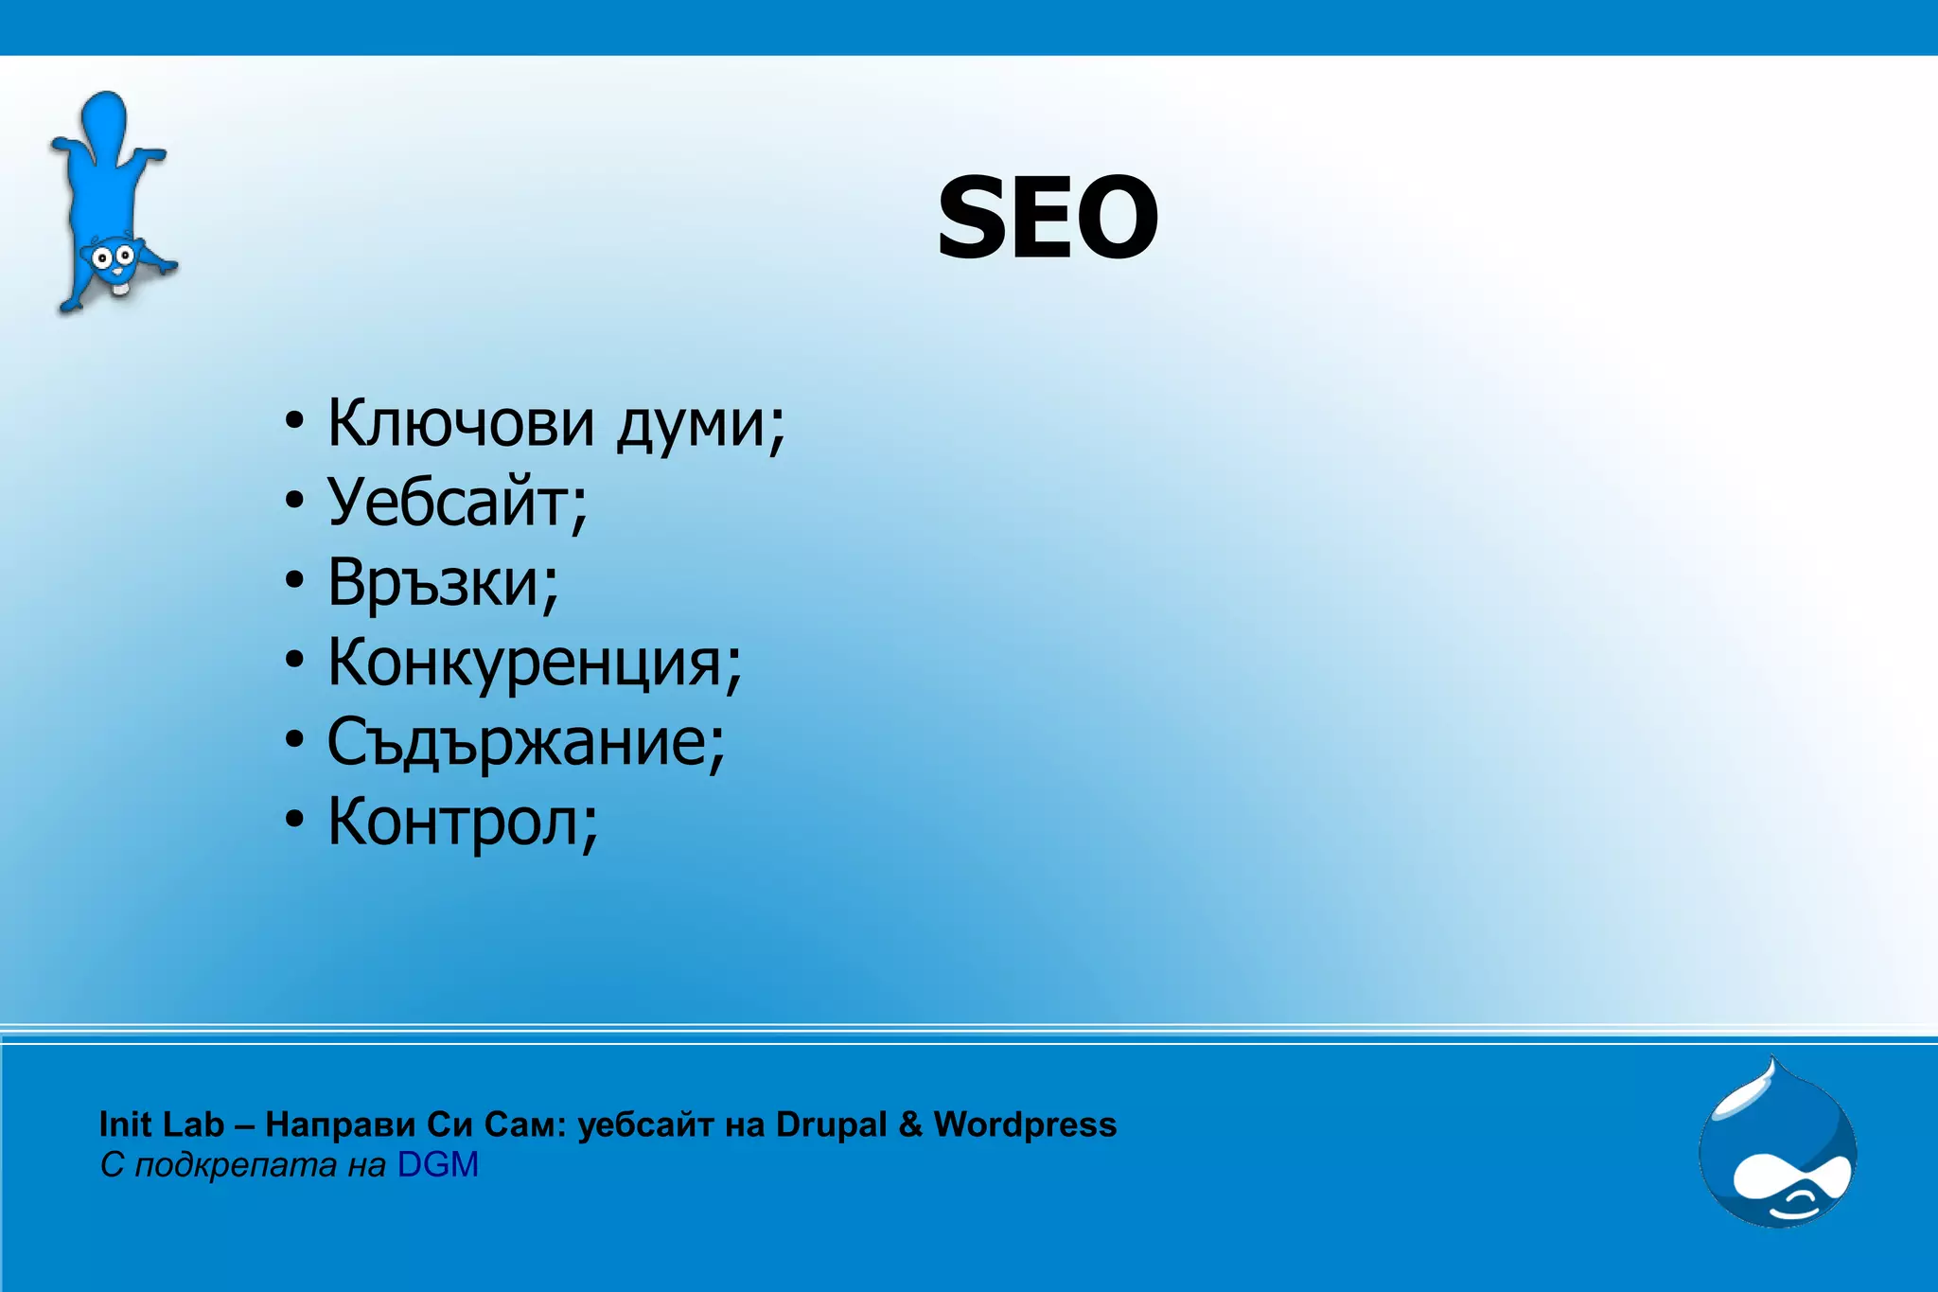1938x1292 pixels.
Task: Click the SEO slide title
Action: tap(1048, 218)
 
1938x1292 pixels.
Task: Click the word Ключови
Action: tap(461, 422)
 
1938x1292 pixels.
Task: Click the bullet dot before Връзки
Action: tap(295, 579)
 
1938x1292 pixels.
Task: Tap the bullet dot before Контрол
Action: tap(295, 820)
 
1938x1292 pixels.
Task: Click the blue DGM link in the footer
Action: tap(437, 1165)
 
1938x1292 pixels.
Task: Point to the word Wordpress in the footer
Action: tap(1025, 1124)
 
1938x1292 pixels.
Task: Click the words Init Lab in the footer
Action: tap(161, 1124)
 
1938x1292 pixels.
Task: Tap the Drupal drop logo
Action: tap(1777, 1145)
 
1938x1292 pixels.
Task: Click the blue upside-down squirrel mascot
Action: tap(112, 204)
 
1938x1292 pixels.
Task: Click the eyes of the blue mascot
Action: tap(112, 256)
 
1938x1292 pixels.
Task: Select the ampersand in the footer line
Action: tap(910, 1124)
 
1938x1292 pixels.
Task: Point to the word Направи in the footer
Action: tap(341, 1124)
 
